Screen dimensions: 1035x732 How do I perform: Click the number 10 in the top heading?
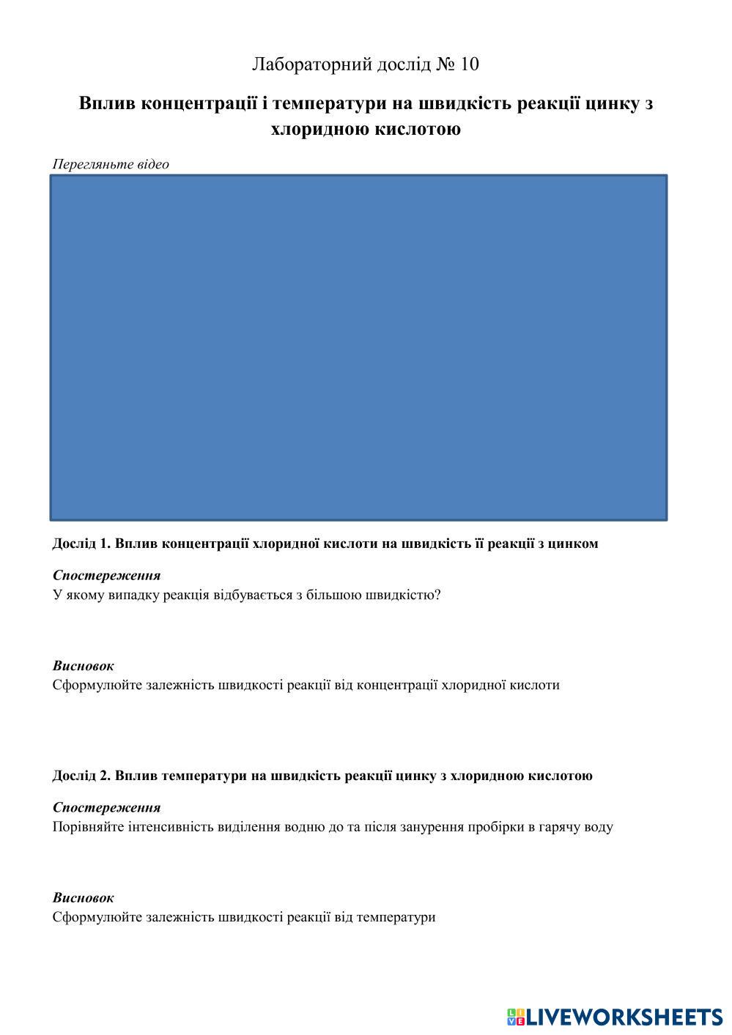[469, 64]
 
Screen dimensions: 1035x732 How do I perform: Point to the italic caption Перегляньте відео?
[111, 164]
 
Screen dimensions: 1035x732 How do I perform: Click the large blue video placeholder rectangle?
[358, 347]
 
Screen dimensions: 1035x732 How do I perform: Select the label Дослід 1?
[81, 544]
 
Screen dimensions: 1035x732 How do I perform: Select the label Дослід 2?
[81, 776]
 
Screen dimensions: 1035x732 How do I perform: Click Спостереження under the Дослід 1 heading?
[106, 576]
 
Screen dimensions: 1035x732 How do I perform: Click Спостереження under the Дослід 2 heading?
[106, 808]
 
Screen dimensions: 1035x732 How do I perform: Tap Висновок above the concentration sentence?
[83, 667]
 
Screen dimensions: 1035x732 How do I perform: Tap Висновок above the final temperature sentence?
[83, 898]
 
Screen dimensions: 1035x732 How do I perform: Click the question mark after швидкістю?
[437, 595]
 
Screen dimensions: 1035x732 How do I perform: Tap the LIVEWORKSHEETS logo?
[613, 1016]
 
